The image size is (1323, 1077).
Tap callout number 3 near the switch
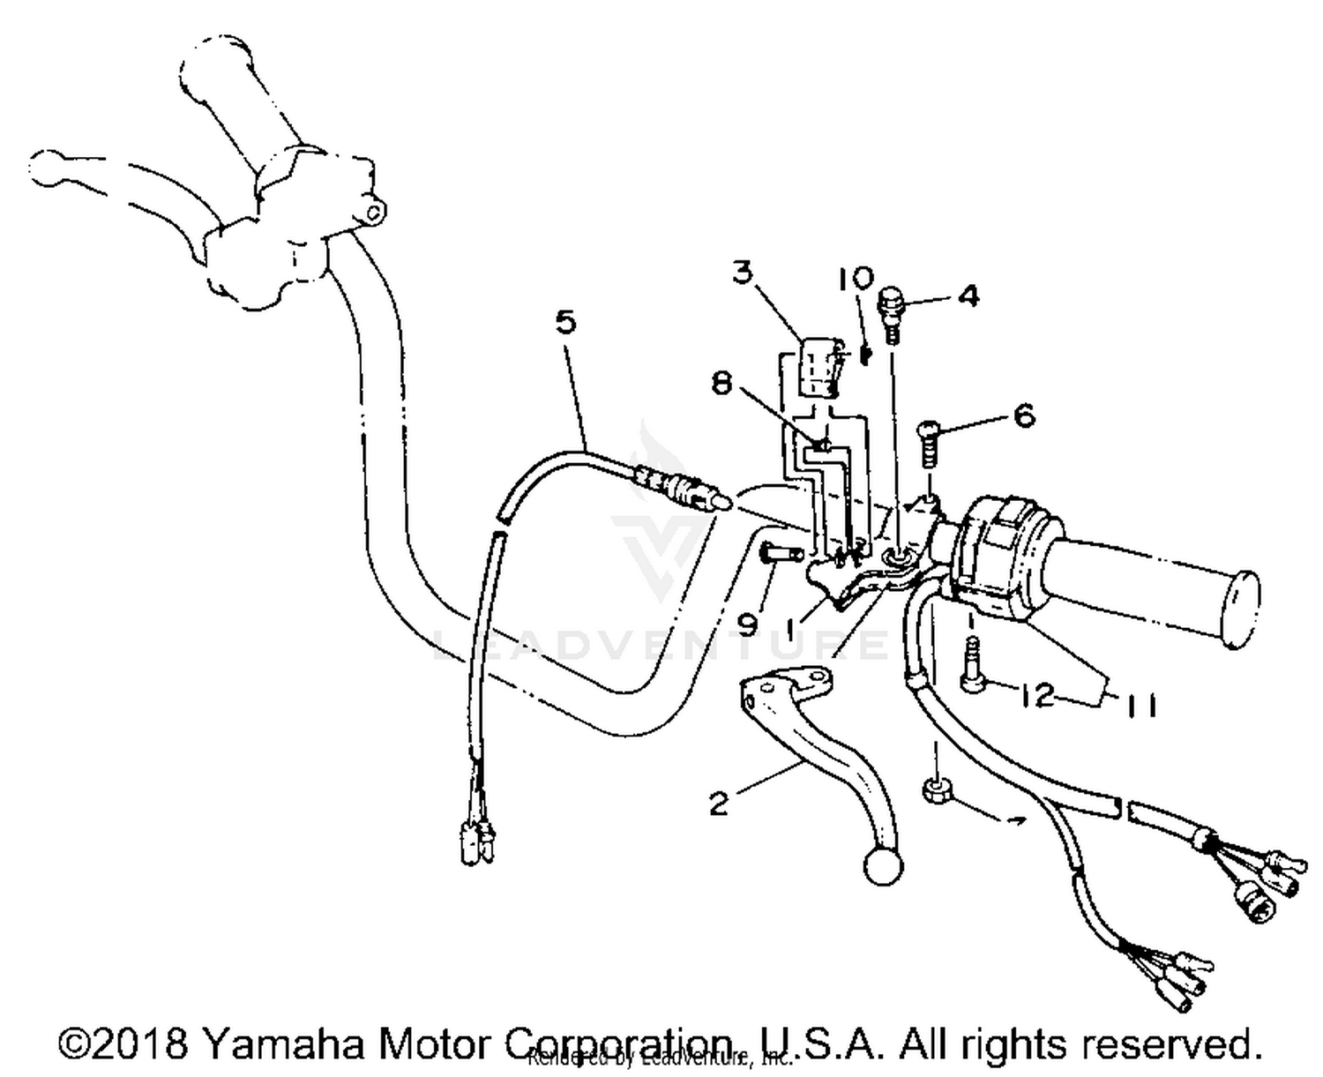pyautogui.click(x=744, y=273)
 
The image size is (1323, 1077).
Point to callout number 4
pyautogui.click(x=968, y=295)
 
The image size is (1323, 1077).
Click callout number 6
pyautogui.click(x=1024, y=415)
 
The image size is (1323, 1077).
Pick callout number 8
pyautogui.click(x=722, y=385)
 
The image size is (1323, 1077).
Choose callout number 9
pyautogui.click(x=746, y=625)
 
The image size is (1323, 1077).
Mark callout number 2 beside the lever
pyautogui.click(x=719, y=804)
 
